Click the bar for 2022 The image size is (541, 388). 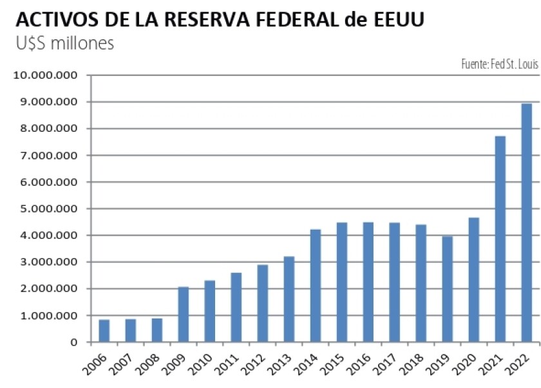[526, 223]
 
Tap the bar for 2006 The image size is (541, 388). [104, 331]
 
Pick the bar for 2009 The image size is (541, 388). [184, 315]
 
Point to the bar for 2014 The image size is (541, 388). [316, 286]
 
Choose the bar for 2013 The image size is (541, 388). [289, 299]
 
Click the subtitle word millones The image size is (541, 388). [82, 44]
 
